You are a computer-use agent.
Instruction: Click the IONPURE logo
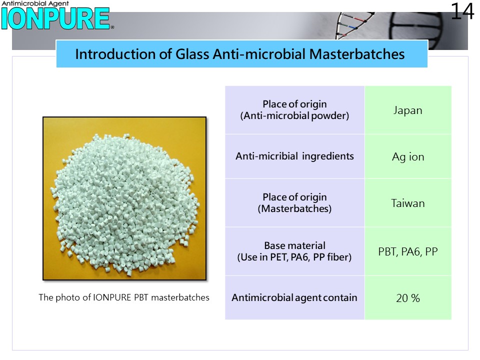pos(55,18)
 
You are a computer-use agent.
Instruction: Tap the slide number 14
pos(462,11)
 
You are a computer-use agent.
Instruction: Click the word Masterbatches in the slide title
pos(357,54)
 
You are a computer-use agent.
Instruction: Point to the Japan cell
pos(408,110)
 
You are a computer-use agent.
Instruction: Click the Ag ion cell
pos(408,156)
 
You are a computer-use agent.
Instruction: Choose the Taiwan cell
pos(408,203)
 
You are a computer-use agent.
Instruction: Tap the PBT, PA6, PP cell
pos(408,251)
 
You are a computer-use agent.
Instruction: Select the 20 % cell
pos(408,298)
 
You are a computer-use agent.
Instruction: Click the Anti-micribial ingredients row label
pos(294,156)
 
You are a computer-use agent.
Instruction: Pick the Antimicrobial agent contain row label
pos(294,297)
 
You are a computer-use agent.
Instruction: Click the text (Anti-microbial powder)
pos(294,115)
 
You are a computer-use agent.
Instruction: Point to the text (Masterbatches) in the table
pos(294,209)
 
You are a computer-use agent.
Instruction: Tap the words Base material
pos(295,245)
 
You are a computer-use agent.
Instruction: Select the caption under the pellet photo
pos(124,297)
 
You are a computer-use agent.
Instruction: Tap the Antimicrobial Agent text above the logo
pos(35,3)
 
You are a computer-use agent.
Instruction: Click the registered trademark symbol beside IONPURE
pos(112,27)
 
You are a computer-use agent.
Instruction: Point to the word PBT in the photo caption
pos(141,297)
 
